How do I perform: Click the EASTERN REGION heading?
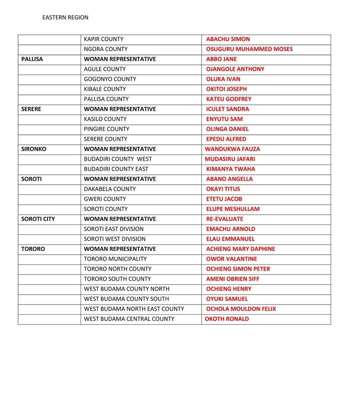coord(65,18)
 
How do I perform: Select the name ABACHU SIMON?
coord(228,39)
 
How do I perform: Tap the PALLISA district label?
coord(32,59)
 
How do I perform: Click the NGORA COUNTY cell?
coord(106,49)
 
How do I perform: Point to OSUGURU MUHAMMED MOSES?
coord(249,49)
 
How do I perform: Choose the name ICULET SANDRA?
coord(227,109)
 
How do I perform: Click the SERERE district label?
coord(31,109)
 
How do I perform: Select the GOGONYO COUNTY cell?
coord(110,79)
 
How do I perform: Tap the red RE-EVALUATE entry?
coord(224,219)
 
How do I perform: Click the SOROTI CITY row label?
coord(38,219)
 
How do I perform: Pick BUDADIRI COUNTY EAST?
coord(116,169)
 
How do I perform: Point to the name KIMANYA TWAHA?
coord(230,169)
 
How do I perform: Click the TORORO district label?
coord(33,249)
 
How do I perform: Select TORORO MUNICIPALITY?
coord(115,259)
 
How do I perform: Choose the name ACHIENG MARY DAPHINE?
coord(240,249)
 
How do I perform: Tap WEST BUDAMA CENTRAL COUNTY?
coord(129,319)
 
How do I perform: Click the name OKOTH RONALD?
coord(227,319)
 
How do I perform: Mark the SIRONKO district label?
coord(34,149)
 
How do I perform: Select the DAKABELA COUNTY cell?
coord(110,189)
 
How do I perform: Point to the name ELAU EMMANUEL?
coord(230,239)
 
